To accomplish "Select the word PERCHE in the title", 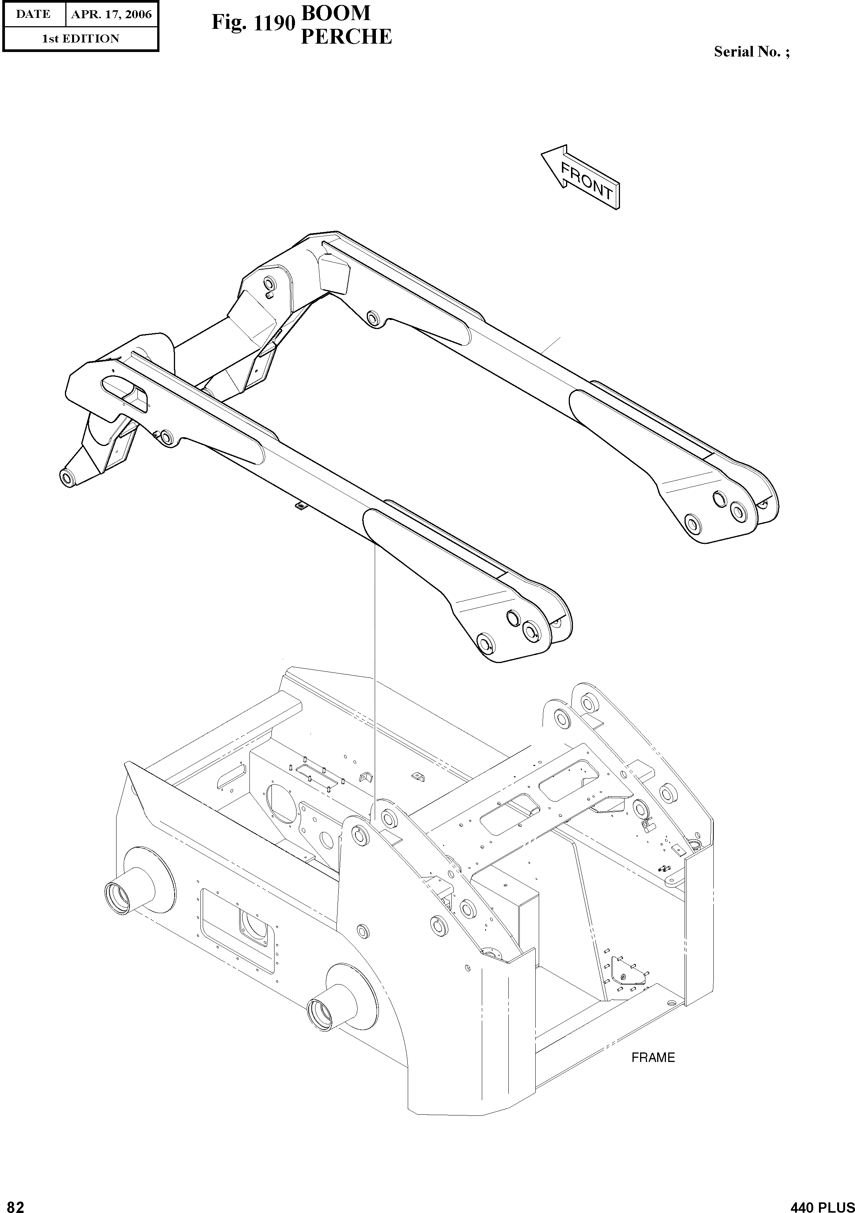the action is click(346, 37).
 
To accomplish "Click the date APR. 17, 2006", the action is click(112, 14).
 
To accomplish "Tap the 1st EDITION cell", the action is click(80, 39).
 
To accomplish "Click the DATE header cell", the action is click(33, 14).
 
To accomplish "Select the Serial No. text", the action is click(751, 52).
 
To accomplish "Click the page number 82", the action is click(13, 1206).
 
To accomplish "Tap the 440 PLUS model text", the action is click(822, 1206).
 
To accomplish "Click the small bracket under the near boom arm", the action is click(299, 506).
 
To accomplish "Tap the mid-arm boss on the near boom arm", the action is click(167, 438).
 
